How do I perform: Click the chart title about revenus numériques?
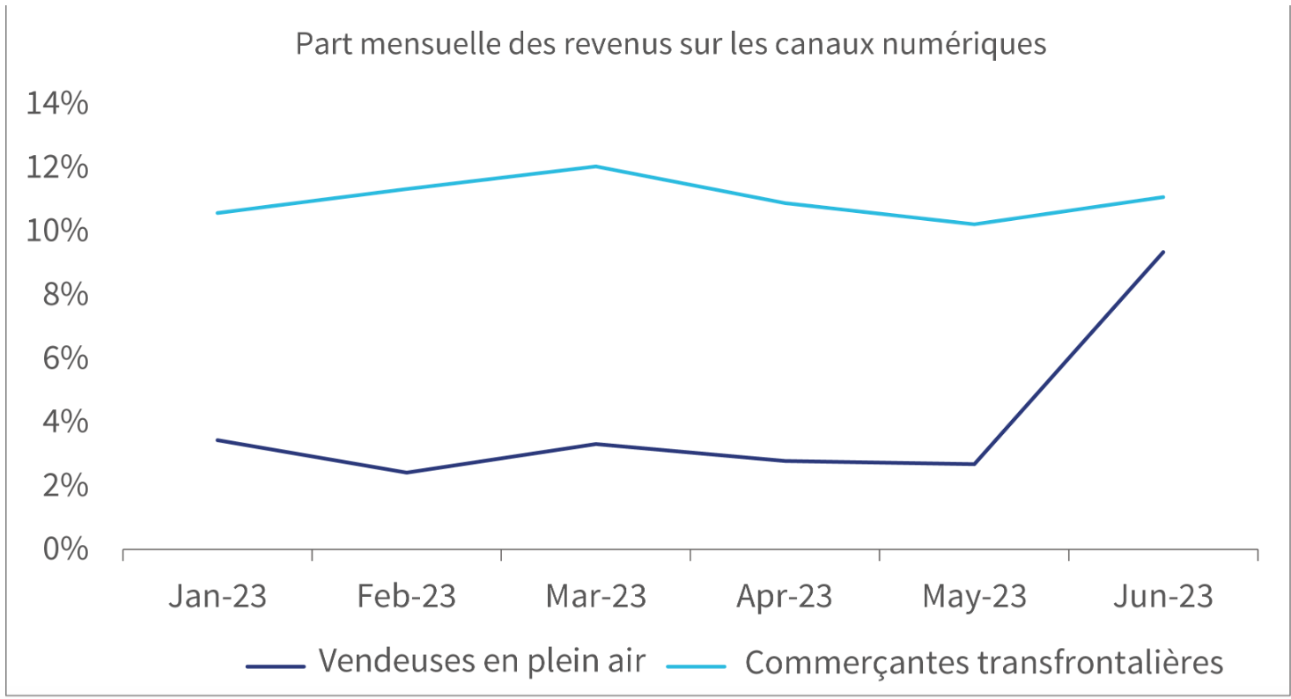coord(670,44)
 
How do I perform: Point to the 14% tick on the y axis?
coord(58,104)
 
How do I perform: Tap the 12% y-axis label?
coord(58,167)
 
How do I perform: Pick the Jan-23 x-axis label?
coord(217,596)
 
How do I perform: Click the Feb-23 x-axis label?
coord(406,596)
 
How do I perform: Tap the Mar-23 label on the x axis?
coord(595,596)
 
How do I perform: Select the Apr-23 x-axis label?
coord(785,596)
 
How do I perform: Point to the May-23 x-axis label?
coord(974,596)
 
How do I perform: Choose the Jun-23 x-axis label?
coord(1163,596)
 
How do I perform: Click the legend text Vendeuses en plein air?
coord(482,660)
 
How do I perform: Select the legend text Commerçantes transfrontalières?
coord(984,662)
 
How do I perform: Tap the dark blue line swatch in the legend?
coord(276,666)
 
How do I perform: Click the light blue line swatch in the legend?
coord(696,666)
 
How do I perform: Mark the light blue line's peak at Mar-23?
coord(596,166)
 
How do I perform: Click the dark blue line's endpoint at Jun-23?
coord(1163,252)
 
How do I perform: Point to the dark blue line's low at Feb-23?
coord(406,473)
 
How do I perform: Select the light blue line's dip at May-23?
coord(974,224)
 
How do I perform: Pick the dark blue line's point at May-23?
coord(974,464)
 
